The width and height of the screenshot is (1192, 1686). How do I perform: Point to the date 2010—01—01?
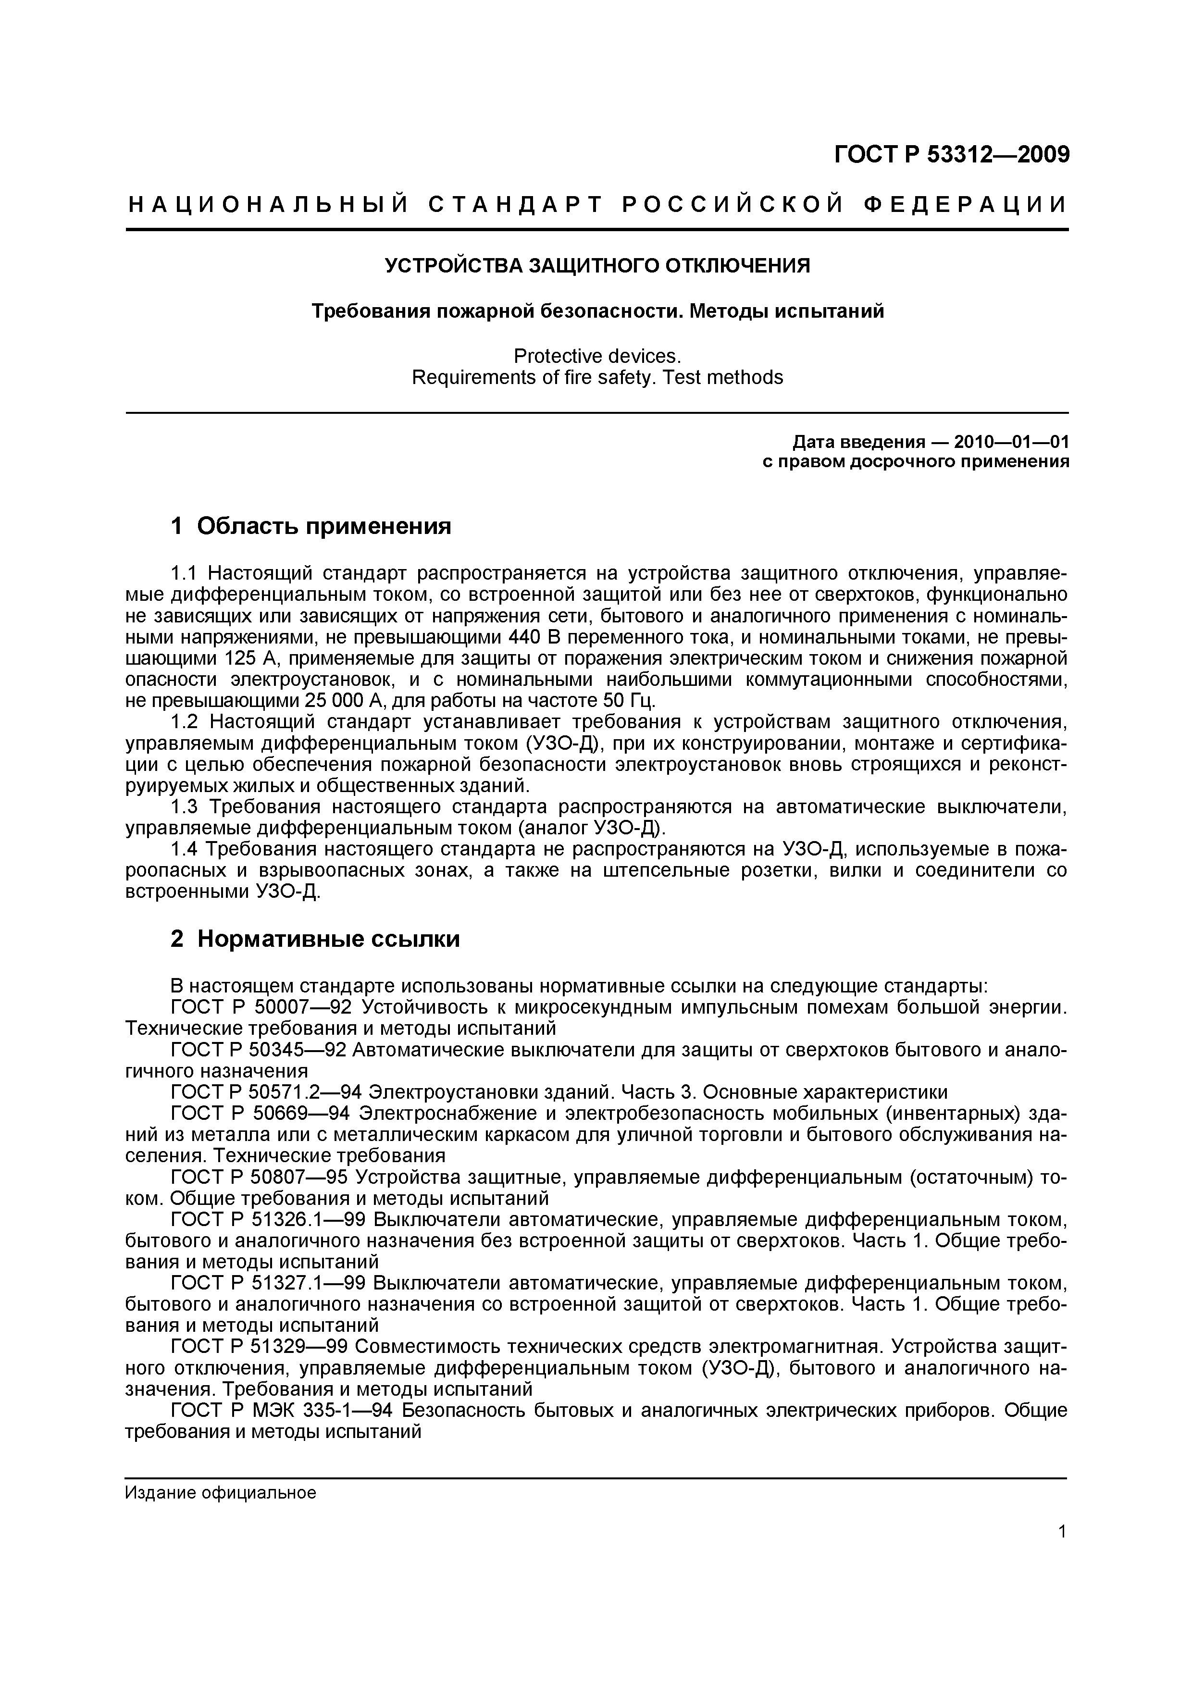[1011, 442]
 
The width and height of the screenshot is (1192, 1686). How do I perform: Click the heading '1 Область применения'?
[310, 526]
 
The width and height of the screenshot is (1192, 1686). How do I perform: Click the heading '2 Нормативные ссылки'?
[315, 939]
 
